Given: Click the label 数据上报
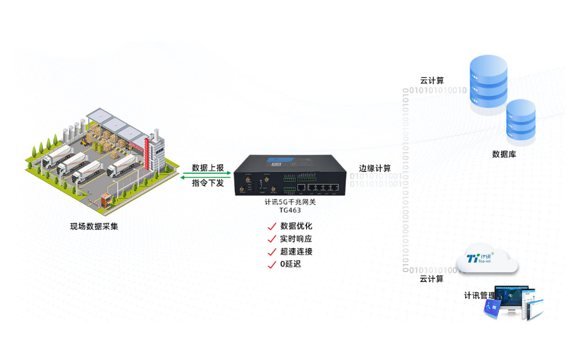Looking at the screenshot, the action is (x=208, y=168).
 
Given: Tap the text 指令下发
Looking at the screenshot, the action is (x=208, y=183).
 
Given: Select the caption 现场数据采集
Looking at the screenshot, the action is (x=94, y=226).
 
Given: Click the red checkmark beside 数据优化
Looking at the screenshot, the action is (x=272, y=226).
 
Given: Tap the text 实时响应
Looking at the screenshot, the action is (x=296, y=239).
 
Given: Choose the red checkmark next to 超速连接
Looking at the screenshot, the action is (x=272, y=252).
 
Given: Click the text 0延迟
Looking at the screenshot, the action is (x=290, y=265).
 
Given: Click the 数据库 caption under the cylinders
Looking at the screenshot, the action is (x=504, y=154).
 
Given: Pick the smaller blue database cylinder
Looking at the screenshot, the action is (x=521, y=121).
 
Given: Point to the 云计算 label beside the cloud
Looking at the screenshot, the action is (x=432, y=279).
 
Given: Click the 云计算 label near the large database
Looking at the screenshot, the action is (x=432, y=81).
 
